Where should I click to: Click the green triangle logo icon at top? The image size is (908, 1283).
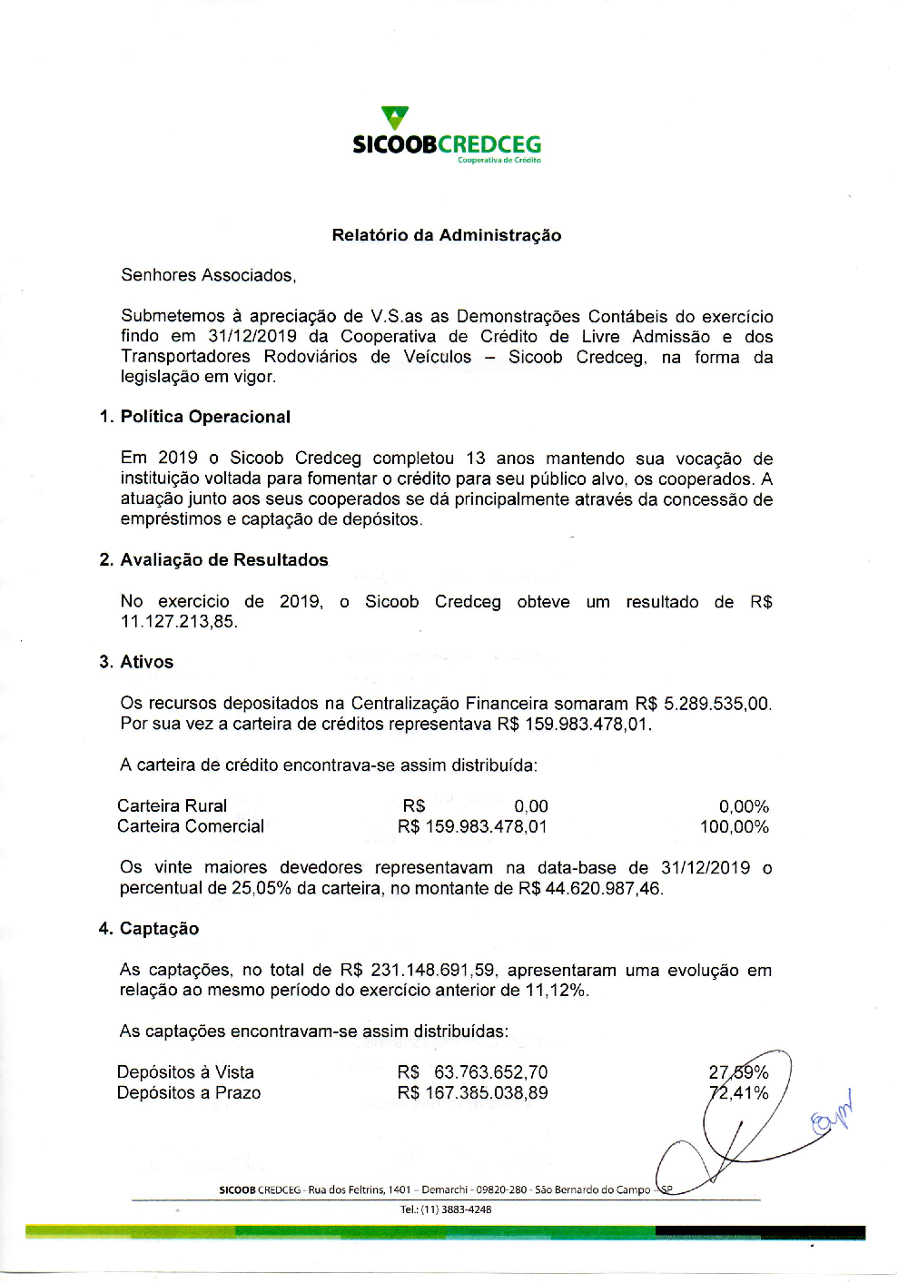pyautogui.click(x=395, y=118)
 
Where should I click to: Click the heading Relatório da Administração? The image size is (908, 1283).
pyautogui.click(x=446, y=235)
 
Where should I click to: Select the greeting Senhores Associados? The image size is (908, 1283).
pyautogui.click(x=208, y=275)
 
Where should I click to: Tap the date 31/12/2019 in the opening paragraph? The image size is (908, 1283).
pyautogui.click(x=252, y=336)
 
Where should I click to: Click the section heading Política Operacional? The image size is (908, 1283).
pyautogui.click(x=205, y=417)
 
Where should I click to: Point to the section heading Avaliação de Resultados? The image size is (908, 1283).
pyautogui.click(x=223, y=560)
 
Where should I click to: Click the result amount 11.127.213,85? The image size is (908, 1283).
pyautogui.click(x=178, y=622)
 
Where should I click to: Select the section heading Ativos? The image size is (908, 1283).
pyautogui.click(x=146, y=662)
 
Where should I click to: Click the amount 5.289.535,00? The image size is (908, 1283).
pyautogui.click(x=717, y=704)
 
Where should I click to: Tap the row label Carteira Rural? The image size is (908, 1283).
pyautogui.click(x=172, y=806)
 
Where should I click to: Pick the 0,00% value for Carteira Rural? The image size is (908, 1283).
pyautogui.click(x=744, y=806)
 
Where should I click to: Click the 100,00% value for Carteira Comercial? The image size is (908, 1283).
pyautogui.click(x=734, y=827)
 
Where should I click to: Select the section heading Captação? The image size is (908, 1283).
pyautogui.click(x=159, y=929)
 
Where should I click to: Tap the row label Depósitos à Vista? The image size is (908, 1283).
pyautogui.click(x=185, y=1072)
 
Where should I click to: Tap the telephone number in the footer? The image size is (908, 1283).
pyautogui.click(x=446, y=1209)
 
